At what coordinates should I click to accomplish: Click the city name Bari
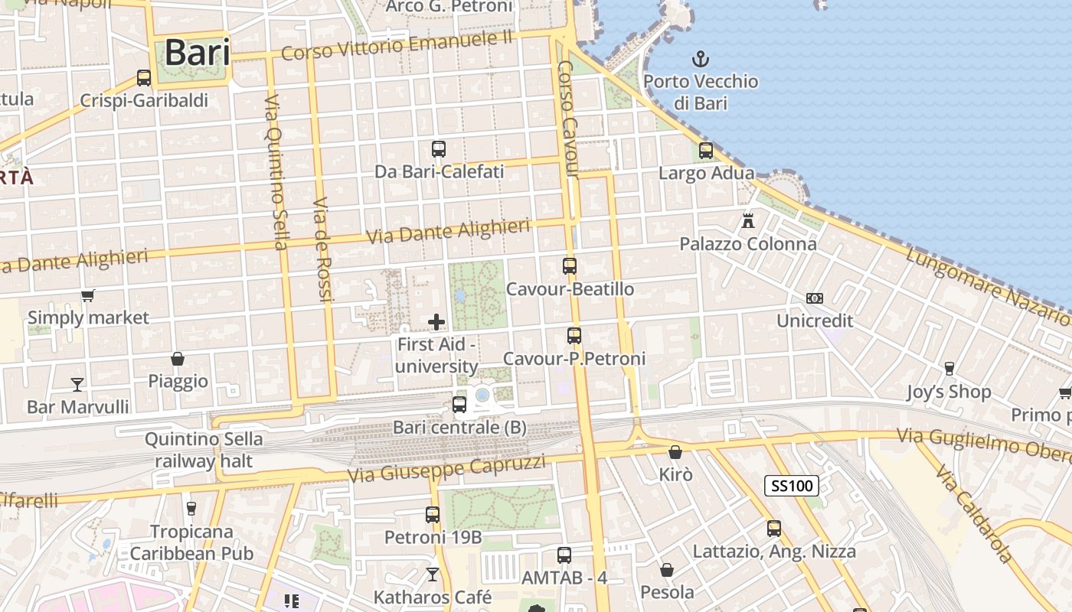click(197, 53)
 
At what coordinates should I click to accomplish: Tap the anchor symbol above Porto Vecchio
click(700, 59)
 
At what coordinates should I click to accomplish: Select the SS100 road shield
click(792, 485)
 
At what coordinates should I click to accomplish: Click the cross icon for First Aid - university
click(436, 322)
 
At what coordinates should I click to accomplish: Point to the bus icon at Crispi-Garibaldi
click(144, 78)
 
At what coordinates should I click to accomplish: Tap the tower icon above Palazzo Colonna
click(748, 221)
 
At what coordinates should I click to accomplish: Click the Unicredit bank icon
click(815, 298)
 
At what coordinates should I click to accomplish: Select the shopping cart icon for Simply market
click(88, 295)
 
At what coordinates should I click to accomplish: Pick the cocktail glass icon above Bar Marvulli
click(77, 384)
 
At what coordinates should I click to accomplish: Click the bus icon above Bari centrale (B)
click(459, 405)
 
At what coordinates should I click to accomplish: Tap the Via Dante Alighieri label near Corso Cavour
click(448, 232)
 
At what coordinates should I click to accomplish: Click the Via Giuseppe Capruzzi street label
click(446, 469)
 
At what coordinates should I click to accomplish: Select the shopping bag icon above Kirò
click(675, 452)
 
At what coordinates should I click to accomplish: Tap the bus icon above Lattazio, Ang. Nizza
click(774, 529)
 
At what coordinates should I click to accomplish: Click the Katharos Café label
click(433, 596)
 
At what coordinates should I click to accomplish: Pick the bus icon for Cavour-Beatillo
click(570, 266)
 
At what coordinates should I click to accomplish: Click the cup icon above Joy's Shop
click(949, 369)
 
